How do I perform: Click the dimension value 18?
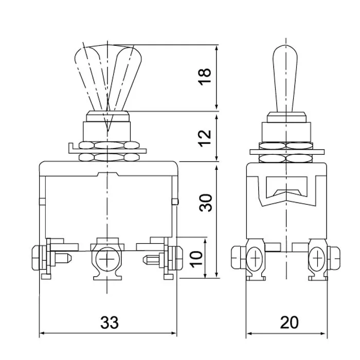pos(204,77)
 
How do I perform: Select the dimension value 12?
pos(204,138)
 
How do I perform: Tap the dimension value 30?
pos(206,203)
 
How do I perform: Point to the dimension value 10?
pos(196,259)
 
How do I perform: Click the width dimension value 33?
pos(110,322)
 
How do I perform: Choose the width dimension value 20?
pos(289,322)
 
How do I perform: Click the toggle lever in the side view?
pos(285,79)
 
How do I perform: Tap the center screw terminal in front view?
pos(107,259)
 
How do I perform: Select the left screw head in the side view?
pos(255,259)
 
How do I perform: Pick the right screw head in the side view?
pos(317,259)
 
